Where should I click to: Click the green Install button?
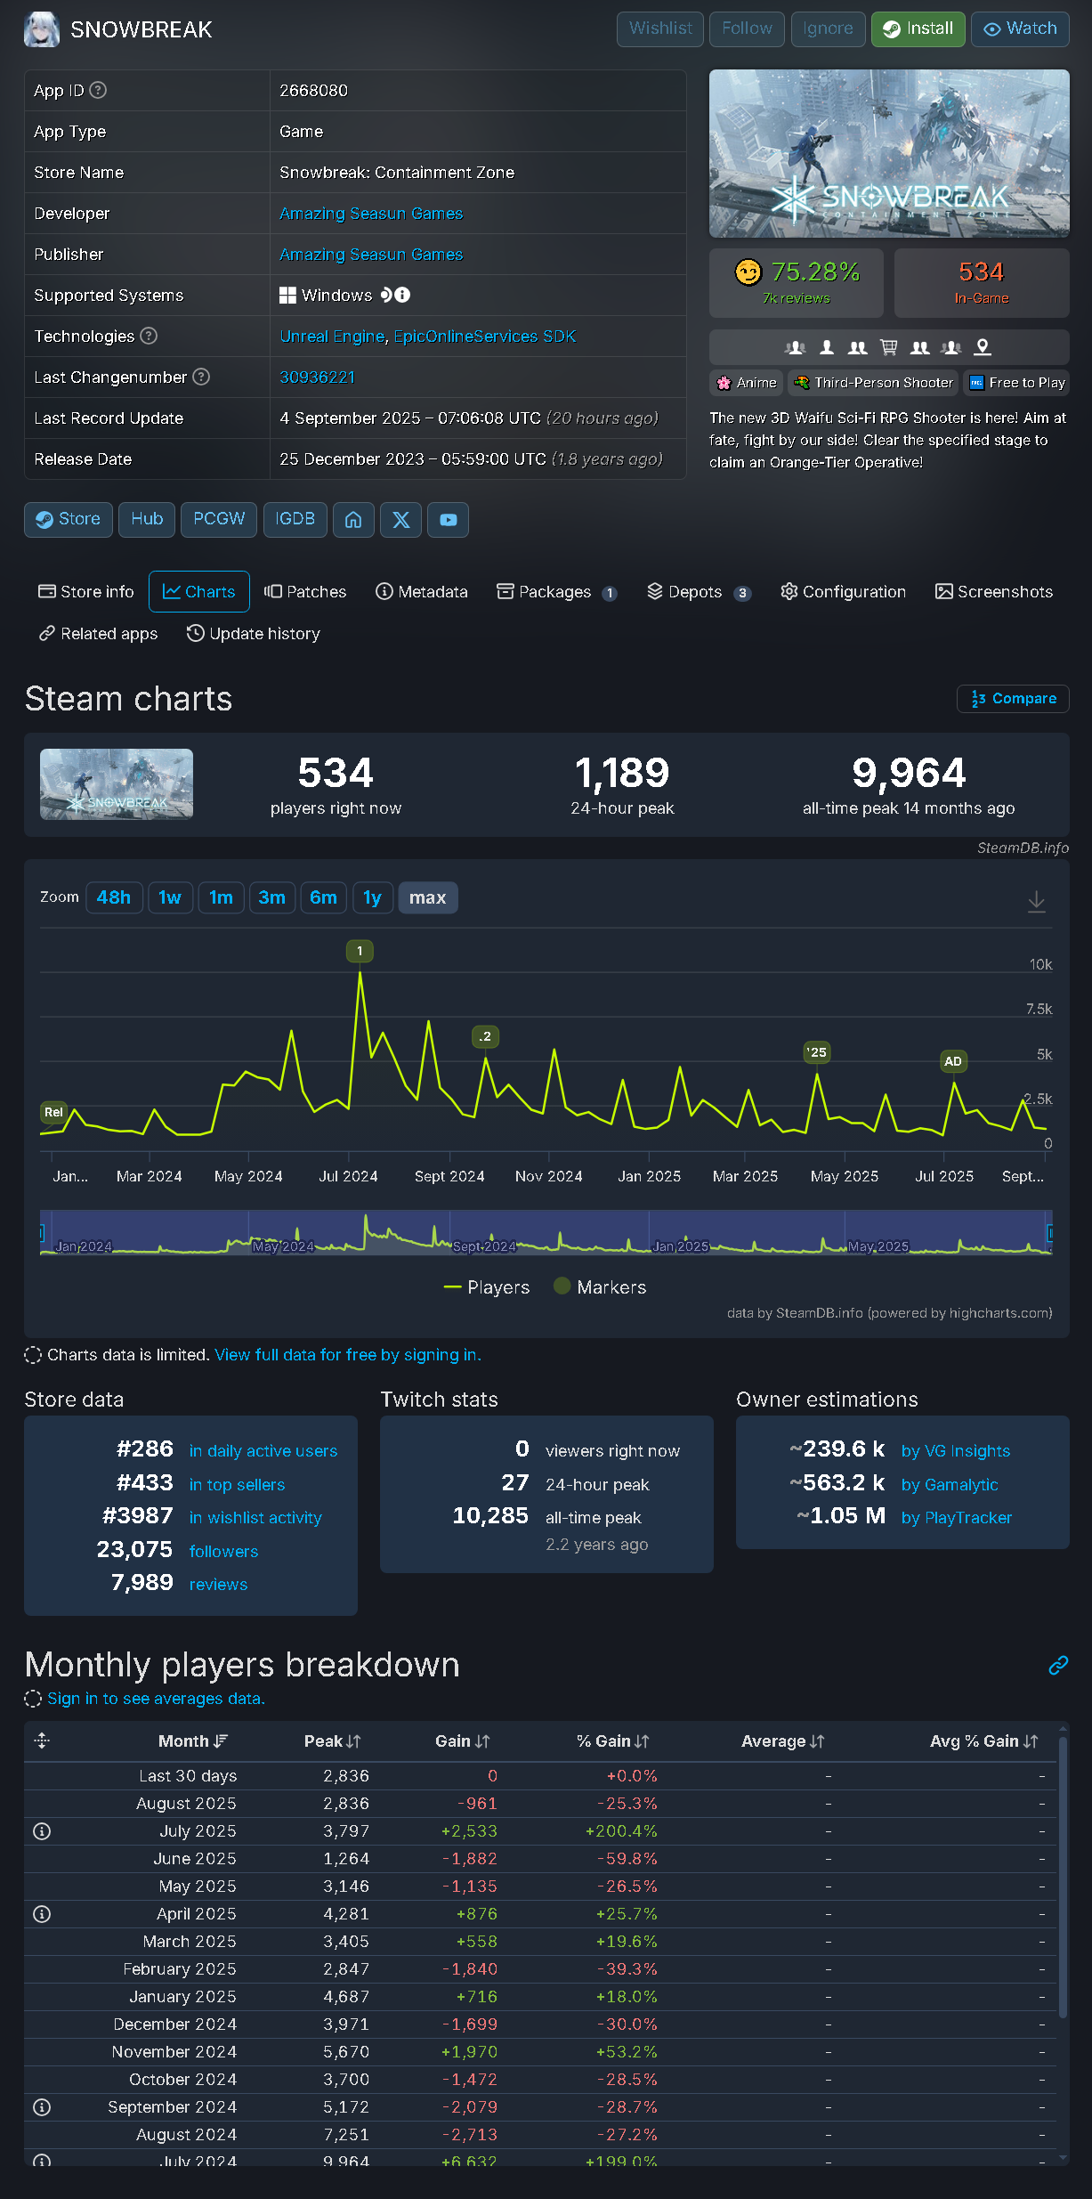[x=918, y=28]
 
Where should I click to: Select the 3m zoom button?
[x=271, y=897]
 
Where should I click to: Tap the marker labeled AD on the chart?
[x=952, y=1061]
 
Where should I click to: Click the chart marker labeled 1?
[x=360, y=951]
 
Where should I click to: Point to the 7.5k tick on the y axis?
[x=1039, y=1009]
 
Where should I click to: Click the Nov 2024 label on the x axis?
[x=548, y=1176]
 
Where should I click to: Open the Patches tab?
[x=305, y=592]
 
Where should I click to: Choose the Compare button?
[x=1013, y=699]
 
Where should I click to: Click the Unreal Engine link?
[x=331, y=337]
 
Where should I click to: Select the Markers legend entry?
[x=600, y=1287]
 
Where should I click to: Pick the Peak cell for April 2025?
[x=346, y=1913]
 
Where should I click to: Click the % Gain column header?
[x=613, y=1741]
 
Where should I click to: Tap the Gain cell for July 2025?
[x=469, y=1830]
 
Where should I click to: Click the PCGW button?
[x=219, y=519]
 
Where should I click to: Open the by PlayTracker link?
[x=956, y=1518]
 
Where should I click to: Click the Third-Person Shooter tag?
[x=873, y=383]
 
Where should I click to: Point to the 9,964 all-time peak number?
[x=908, y=773]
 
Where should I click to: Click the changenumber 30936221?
[x=317, y=377]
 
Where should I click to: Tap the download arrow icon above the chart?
[x=1036, y=901]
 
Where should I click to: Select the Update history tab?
[x=254, y=634]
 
